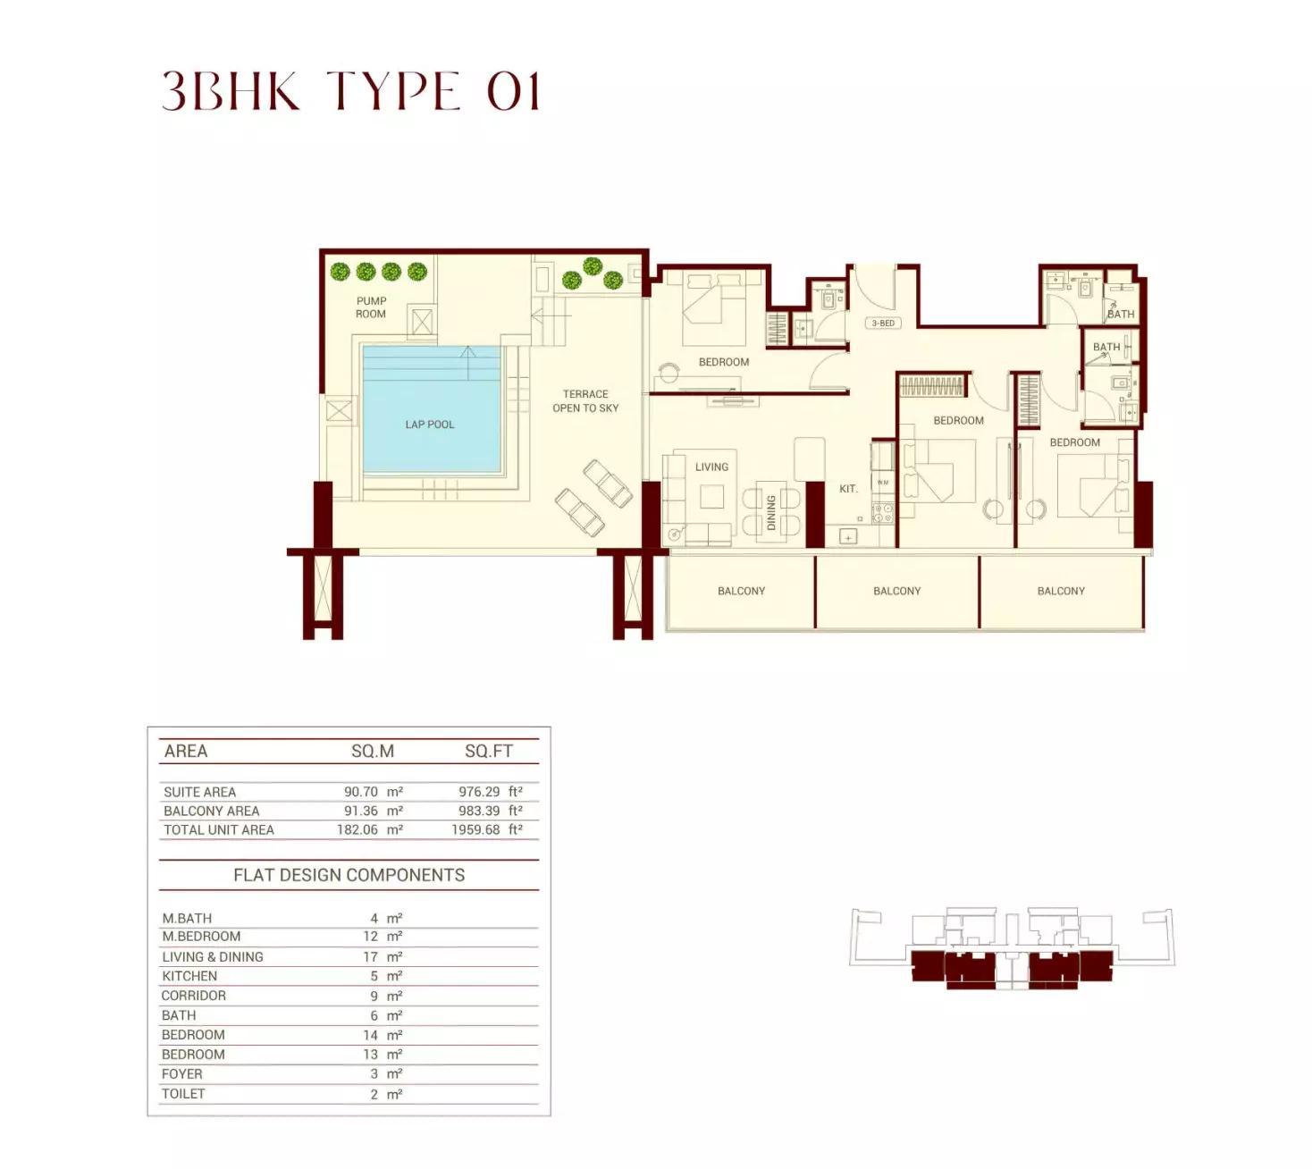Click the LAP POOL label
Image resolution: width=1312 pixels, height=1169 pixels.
coord(429,425)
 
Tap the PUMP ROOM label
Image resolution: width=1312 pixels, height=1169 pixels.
coord(370,307)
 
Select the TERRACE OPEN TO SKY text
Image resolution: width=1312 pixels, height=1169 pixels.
coord(585,401)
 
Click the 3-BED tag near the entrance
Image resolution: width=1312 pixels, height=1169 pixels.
coord(883,324)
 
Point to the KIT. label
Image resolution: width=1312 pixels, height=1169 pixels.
coord(848,489)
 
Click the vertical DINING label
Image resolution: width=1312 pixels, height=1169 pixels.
coord(770,512)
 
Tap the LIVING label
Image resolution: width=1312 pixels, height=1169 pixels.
coord(711,467)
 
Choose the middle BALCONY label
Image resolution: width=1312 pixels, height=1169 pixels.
coord(897,591)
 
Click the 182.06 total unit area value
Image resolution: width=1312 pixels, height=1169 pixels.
coord(357,829)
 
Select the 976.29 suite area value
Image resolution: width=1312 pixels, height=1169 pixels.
coord(478,792)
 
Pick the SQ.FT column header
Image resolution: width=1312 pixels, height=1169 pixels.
coord(489,752)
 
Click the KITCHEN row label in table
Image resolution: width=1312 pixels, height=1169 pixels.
coord(189,976)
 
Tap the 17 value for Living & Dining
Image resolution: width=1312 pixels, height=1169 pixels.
coord(370,956)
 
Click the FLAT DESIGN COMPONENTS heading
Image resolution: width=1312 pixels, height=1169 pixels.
coord(349,875)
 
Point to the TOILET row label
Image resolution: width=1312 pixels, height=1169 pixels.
coord(183,1094)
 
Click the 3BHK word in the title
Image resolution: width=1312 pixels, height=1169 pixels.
coord(231,90)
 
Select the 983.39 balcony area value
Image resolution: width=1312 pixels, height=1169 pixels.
coord(478,811)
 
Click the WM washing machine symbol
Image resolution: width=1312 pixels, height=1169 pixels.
coord(883,483)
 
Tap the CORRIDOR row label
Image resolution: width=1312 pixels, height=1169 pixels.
coord(194,996)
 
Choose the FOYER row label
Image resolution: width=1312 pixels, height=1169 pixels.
coord(182,1073)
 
